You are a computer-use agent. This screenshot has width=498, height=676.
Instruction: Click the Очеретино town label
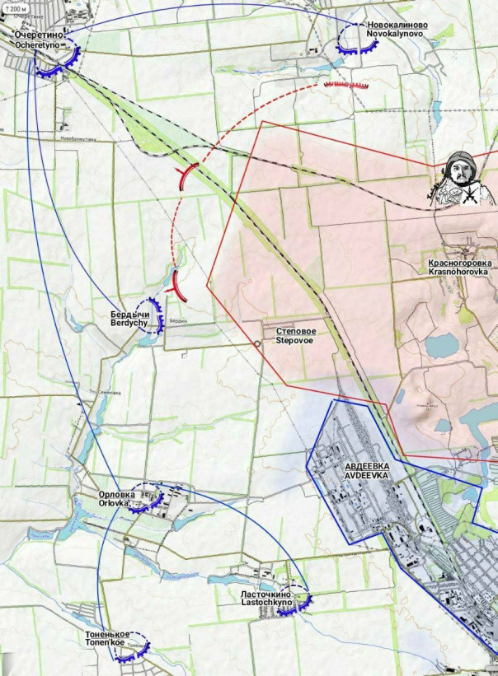coord(39,35)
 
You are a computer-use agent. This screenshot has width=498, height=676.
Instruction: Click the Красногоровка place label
coord(458,261)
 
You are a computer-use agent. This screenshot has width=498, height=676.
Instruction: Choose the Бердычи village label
coord(130,315)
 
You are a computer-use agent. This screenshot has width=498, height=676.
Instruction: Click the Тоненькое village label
coord(108,635)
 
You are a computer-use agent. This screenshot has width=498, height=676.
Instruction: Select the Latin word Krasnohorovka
coord(458,271)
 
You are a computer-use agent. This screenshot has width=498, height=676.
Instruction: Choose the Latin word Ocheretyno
coord(39,45)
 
